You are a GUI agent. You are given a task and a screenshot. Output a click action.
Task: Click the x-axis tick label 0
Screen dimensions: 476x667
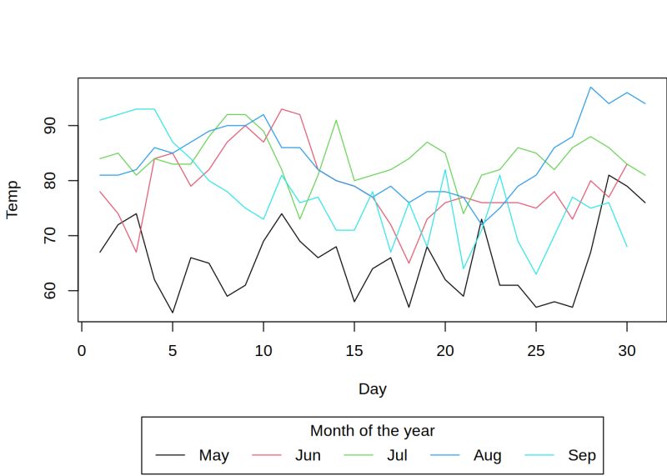pos(82,350)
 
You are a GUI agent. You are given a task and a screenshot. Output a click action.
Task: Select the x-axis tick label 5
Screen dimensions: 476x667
pos(173,350)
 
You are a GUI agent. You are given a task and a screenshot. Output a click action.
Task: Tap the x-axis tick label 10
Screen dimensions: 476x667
pos(263,350)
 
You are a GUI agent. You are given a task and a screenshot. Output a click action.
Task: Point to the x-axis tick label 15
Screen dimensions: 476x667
pos(354,350)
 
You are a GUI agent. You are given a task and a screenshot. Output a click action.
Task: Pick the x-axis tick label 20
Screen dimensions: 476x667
pos(445,350)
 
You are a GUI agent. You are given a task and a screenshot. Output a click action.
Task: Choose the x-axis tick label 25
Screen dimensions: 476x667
pos(536,350)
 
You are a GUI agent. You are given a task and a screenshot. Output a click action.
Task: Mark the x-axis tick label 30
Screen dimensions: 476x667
pos(627,350)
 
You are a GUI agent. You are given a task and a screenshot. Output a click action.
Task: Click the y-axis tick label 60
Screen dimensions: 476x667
pos(50,291)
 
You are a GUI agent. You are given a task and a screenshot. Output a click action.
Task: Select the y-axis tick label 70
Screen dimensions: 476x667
pos(50,236)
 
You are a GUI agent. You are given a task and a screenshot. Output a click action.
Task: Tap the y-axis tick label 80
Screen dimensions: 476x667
pos(50,181)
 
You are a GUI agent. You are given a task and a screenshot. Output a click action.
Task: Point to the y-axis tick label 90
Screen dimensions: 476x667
pos(50,126)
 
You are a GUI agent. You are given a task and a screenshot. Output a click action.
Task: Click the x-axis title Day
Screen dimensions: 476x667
pos(372,388)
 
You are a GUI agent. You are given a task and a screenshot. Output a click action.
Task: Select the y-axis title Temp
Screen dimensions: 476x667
pos(13,200)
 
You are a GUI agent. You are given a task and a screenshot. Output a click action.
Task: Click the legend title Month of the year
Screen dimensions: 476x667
pos(372,431)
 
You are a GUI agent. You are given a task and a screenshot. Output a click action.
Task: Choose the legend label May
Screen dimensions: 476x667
pos(213,455)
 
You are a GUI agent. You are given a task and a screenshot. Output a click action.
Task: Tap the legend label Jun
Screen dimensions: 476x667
pos(308,455)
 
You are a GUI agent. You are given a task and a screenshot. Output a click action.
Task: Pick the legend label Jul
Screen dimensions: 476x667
pos(397,455)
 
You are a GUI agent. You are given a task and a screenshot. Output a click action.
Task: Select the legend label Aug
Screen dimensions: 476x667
pos(487,455)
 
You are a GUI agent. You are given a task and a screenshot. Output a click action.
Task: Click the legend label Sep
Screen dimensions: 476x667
pos(582,455)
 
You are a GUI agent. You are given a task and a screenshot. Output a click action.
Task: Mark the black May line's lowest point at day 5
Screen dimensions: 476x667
pos(173,313)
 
